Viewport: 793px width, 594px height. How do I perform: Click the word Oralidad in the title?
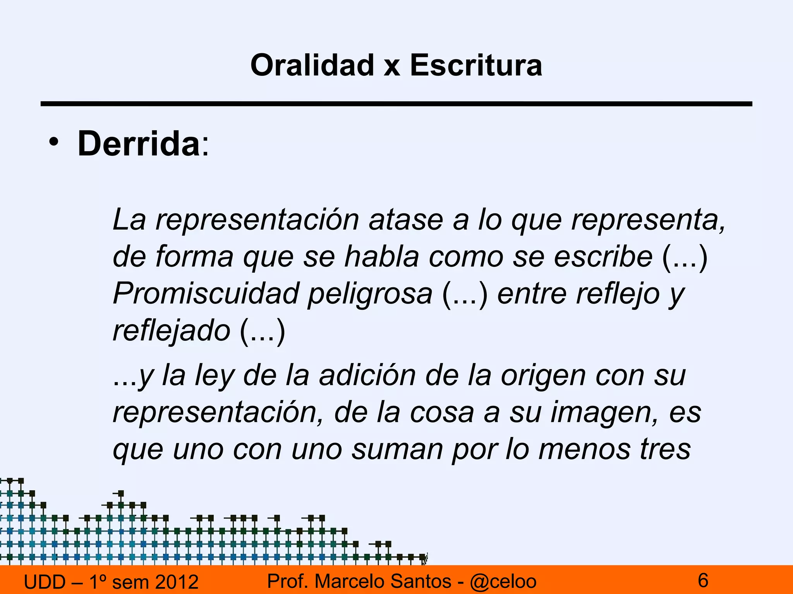click(312, 65)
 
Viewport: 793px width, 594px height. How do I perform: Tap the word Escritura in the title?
click(476, 65)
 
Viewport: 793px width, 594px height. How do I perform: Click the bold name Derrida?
click(139, 143)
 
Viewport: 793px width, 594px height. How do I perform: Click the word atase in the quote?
click(406, 220)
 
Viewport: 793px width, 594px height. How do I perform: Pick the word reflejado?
click(172, 331)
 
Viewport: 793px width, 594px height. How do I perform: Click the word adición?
click(367, 376)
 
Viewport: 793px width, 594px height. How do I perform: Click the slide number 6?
click(703, 580)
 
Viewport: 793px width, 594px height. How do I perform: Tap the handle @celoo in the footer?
click(503, 581)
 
